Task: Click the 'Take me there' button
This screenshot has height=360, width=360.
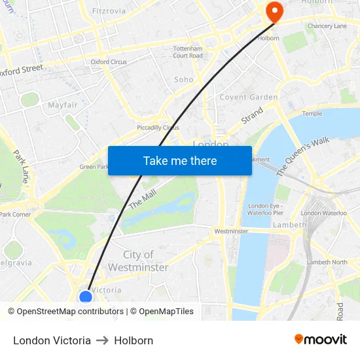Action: coord(180,160)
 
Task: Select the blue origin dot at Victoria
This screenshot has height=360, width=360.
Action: coord(86,297)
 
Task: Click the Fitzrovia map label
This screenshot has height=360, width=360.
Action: coord(109,11)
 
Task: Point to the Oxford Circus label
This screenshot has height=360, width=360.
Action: coord(109,62)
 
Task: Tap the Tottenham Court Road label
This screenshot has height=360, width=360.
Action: coord(188,52)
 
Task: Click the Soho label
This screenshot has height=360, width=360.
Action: coord(184,80)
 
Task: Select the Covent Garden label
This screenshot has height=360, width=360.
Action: coord(249,98)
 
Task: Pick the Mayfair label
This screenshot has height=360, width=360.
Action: coord(63,105)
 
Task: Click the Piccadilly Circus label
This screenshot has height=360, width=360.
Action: coord(158,128)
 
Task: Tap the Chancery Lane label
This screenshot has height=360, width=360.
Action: coord(327,26)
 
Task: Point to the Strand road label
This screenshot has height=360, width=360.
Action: coord(252,115)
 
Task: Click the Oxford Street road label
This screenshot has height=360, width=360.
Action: coord(22,69)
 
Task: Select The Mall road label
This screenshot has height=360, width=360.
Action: coord(143,198)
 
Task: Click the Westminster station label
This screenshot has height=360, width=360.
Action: coord(232,231)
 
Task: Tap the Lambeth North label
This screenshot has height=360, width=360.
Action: coord(327,262)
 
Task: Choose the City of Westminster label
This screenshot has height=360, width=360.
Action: coord(138,261)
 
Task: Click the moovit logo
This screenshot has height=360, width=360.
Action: coord(321,340)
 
